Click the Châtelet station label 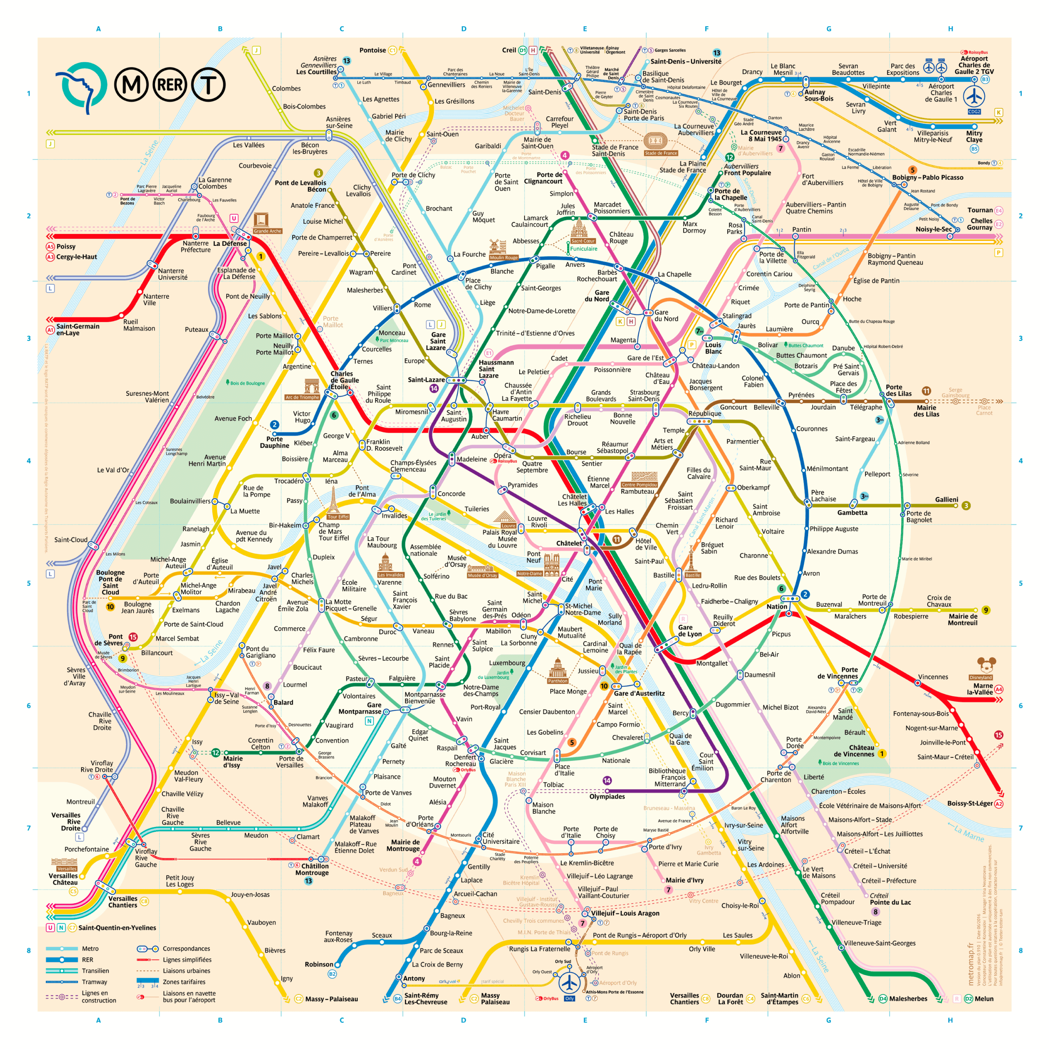pos(568,543)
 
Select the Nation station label pos(777,606)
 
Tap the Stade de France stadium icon pos(655,141)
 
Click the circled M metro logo pos(131,85)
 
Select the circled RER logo pos(170,85)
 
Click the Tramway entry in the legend pos(95,982)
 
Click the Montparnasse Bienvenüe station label pos(425,698)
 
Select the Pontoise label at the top pos(372,50)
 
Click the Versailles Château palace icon pos(64,862)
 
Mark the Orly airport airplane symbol pos(570,982)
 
